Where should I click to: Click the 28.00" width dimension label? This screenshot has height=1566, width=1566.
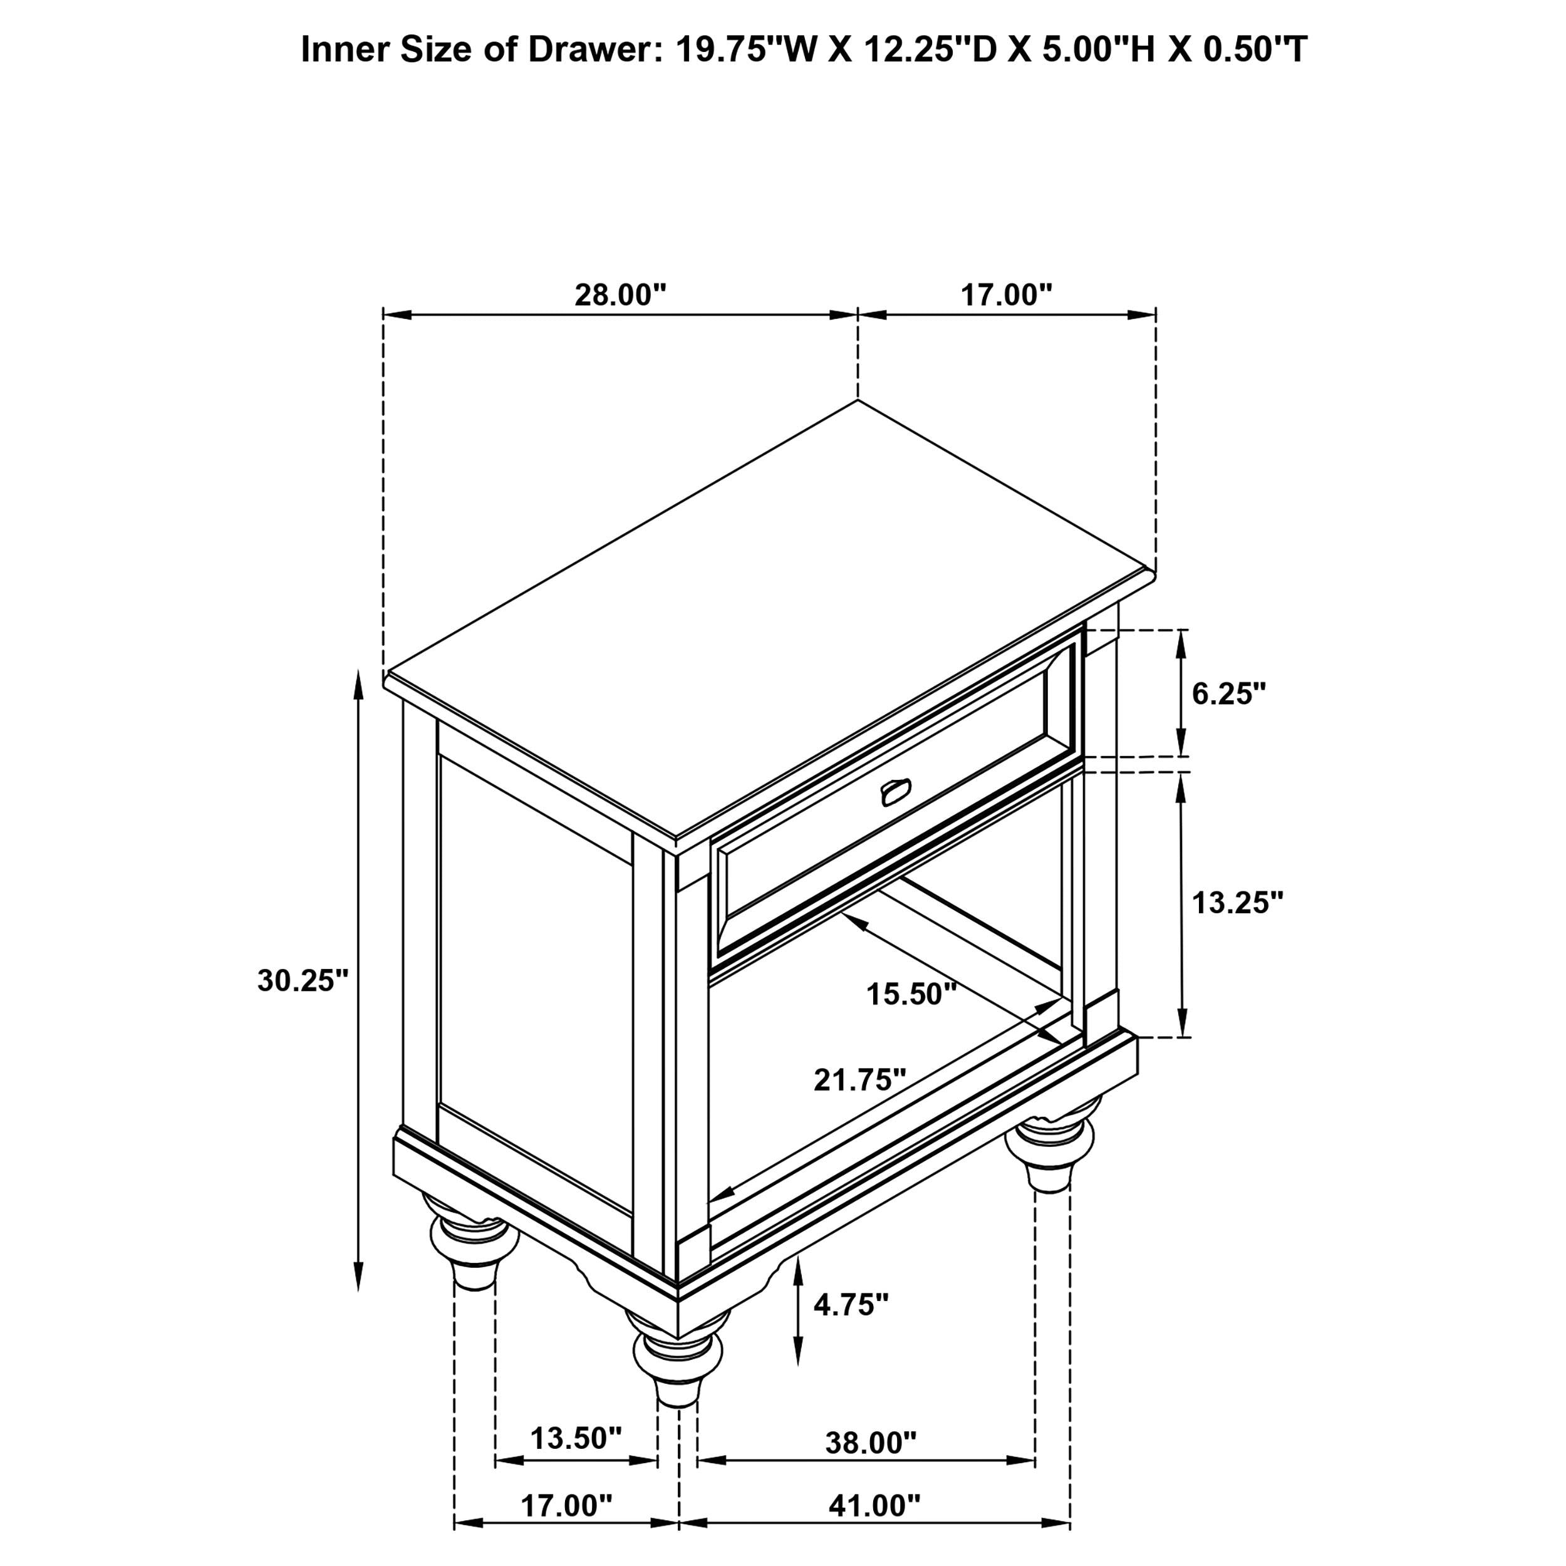pyautogui.click(x=620, y=295)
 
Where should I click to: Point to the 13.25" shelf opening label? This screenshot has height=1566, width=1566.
pyautogui.click(x=1238, y=903)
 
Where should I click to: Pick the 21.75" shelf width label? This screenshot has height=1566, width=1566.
pyautogui.click(x=860, y=1080)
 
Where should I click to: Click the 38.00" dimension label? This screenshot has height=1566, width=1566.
pyautogui.click(x=871, y=1443)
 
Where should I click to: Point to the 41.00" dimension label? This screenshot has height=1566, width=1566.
pyautogui.click(x=874, y=1505)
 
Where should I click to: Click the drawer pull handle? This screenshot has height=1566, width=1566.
pyautogui.click(x=895, y=793)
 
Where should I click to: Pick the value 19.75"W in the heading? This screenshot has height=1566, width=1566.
pyautogui.click(x=745, y=50)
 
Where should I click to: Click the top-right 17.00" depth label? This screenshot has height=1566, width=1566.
pyautogui.click(x=1006, y=295)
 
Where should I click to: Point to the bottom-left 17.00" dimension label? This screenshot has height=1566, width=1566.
pyautogui.click(x=566, y=1505)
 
